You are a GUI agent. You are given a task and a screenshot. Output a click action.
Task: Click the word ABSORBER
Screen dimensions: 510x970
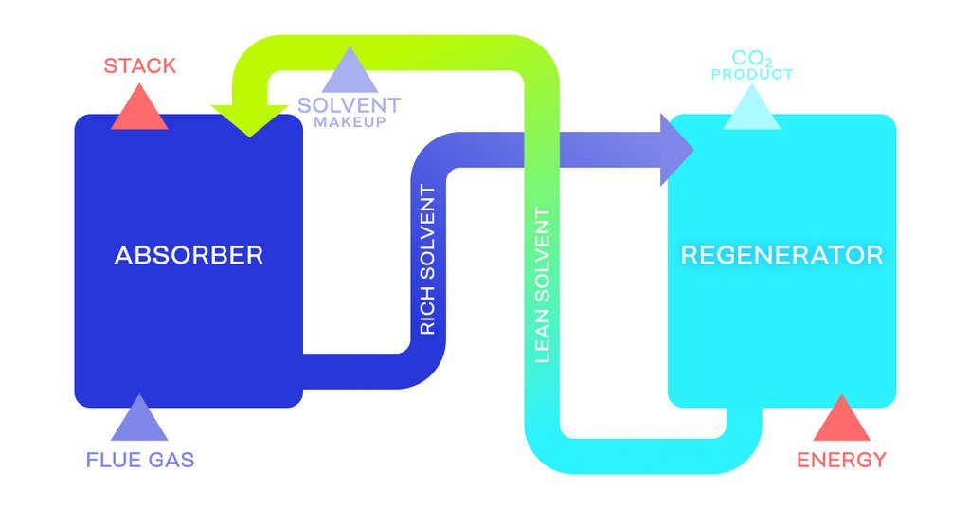pos(189,255)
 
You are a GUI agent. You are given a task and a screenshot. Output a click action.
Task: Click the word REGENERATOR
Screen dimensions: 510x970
pos(781,255)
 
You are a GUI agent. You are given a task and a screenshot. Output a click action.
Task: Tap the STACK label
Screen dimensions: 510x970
pos(139,65)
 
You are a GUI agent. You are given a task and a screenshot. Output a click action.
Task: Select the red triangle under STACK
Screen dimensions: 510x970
pos(139,110)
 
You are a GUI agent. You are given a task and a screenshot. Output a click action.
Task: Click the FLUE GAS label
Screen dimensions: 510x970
pos(140,461)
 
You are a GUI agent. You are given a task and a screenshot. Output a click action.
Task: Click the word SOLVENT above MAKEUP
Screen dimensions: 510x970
pos(350,105)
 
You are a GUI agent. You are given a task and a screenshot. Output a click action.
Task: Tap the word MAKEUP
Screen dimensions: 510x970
pos(350,122)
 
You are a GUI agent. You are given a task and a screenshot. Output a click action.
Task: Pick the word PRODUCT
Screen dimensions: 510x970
pos(751,74)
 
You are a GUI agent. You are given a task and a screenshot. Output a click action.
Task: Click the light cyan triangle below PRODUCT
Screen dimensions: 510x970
pos(751,109)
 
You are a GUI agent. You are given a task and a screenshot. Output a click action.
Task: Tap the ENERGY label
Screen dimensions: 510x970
pos(841,461)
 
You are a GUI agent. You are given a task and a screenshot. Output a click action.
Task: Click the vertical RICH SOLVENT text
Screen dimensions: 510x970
pos(427,261)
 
